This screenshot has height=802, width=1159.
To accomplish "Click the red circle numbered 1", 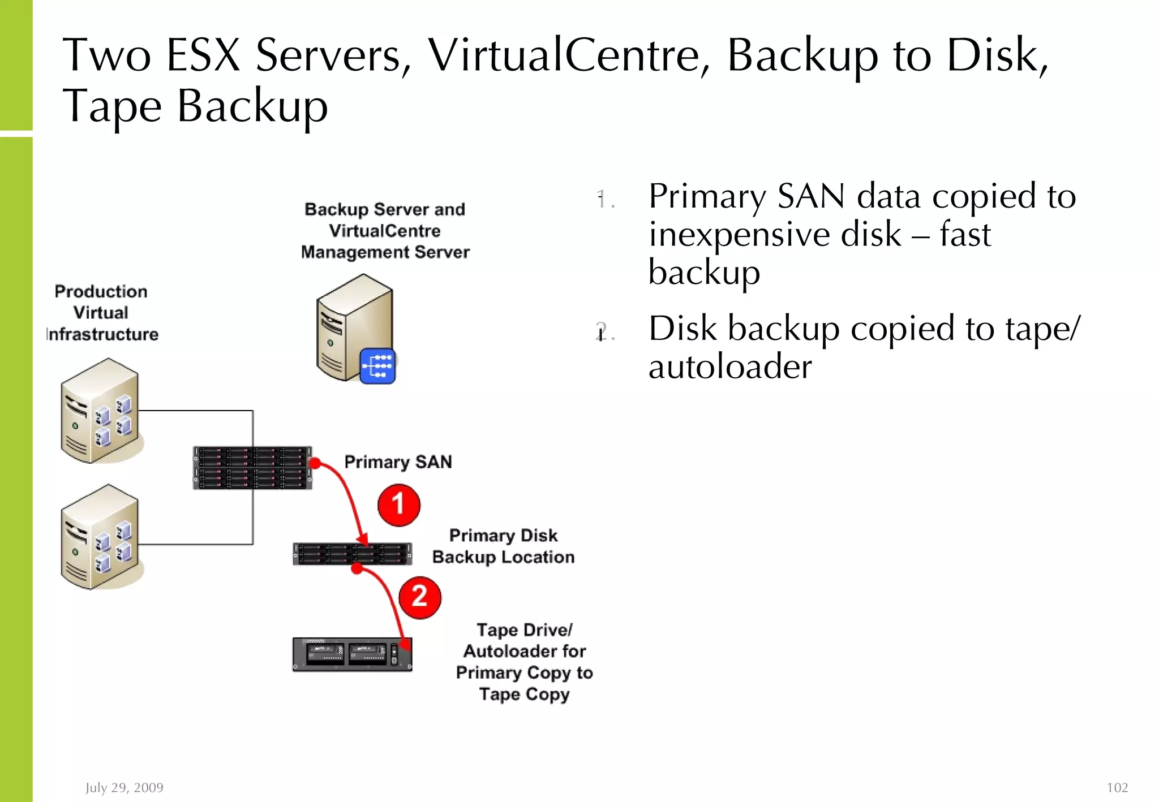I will [x=399, y=505].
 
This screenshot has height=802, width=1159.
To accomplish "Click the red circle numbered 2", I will [x=419, y=597].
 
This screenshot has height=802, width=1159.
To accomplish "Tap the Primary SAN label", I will [x=398, y=462].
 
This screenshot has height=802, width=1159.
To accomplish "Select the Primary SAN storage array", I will [x=252, y=468].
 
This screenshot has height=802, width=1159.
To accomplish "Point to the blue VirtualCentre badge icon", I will [x=377, y=366].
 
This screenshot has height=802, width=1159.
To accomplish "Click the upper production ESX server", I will [x=100, y=411].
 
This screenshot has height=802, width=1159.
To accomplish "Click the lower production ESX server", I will [x=100, y=537].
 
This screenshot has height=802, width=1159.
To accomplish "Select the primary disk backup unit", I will [x=352, y=554].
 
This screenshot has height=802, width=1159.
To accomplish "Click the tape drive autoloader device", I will [x=352, y=654].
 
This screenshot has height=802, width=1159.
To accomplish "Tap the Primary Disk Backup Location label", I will [x=503, y=546].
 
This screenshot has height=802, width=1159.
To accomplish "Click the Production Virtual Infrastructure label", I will [x=101, y=313].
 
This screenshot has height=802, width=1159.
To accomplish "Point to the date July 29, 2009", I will [x=125, y=787].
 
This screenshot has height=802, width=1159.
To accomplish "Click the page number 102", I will [x=1117, y=787].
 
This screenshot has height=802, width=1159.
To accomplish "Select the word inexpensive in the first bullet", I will [x=774, y=235].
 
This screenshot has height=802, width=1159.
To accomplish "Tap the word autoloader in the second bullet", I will [x=730, y=366].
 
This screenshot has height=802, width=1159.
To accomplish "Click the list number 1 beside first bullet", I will [x=602, y=199].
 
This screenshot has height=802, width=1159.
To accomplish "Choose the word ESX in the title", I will [x=204, y=55].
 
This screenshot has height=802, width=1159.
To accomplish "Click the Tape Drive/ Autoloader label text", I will [x=525, y=641].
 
